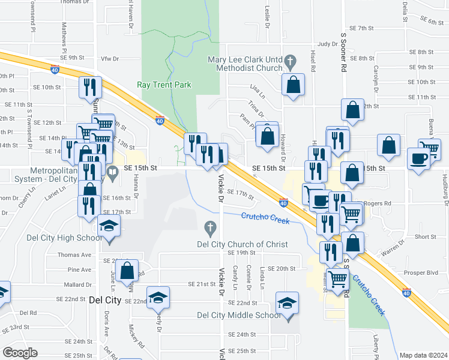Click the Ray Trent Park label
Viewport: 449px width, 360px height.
pyautogui.click(x=164, y=85)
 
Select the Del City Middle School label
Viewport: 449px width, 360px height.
pyautogui.click(x=238, y=315)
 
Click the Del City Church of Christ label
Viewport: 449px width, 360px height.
pyautogui.click(x=243, y=244)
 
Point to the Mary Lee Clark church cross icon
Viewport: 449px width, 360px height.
pyautogui.click(x=291, y=60)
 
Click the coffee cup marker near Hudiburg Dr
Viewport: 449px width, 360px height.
pyautogui.click(x=419, y=158)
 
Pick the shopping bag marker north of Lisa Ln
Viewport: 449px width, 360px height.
pyautogui.click(x=294, y=85)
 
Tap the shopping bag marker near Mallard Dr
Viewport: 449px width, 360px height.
pyautogui.click(x=127, y=270)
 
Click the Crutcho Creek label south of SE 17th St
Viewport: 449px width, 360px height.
pyautogui.click(x=265, y=218)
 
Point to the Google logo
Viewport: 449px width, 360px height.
pyautogui.click(x=20, y=352)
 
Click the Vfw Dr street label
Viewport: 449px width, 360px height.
pyautogui.click(x=110, y=58)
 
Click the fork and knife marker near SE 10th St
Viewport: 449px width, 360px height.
pyautogui.click(x=90, y=87)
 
